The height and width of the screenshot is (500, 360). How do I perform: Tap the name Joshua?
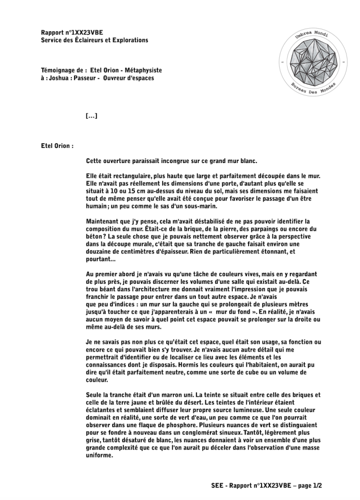(x=59, y=78)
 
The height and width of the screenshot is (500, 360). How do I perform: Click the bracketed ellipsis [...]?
(x=91, y=116)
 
